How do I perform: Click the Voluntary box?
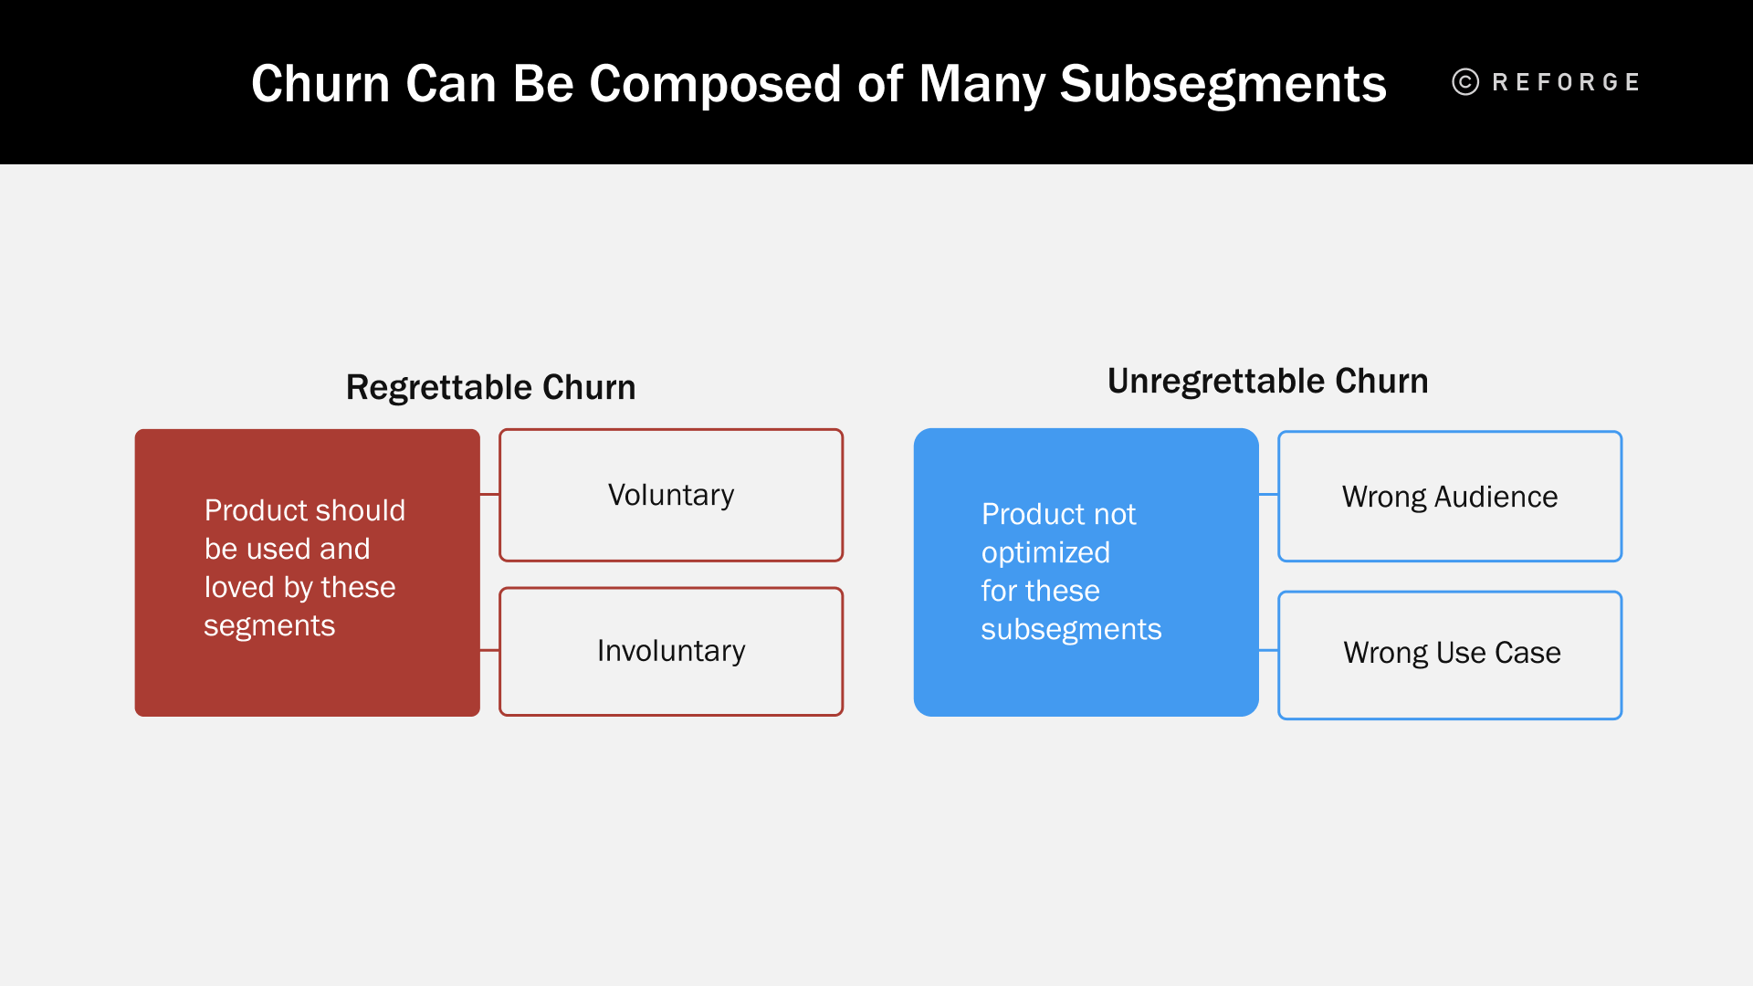click(x=671, y=495)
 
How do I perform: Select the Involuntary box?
click(x=671, y=651)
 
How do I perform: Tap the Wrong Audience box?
click(x=1450, y=497)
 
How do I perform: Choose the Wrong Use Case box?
click(x=1450, y=654)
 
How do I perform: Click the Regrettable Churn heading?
click(x=490, y=387)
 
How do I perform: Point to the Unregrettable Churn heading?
click(x=1267, y=381)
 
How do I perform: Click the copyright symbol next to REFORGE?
click(x=1465, y=82)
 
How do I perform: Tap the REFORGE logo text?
click(x=1566, y=82)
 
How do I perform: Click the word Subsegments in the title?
click(x=1223, y=84)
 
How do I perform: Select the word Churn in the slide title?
click(x=320, y=84)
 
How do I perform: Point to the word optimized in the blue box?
click(x=1045, y=552)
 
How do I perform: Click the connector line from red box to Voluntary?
click(x=489, y=495)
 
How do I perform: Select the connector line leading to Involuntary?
click(x=489, y=650)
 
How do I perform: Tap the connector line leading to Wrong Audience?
click(x=1268, y=495)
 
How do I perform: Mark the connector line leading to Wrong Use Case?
click(x=1268, y=650)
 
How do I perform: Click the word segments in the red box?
click(x=269, y=626)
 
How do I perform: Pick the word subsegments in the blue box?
click(x=1071, y=630)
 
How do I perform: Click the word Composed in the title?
click(x=712, y=84)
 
